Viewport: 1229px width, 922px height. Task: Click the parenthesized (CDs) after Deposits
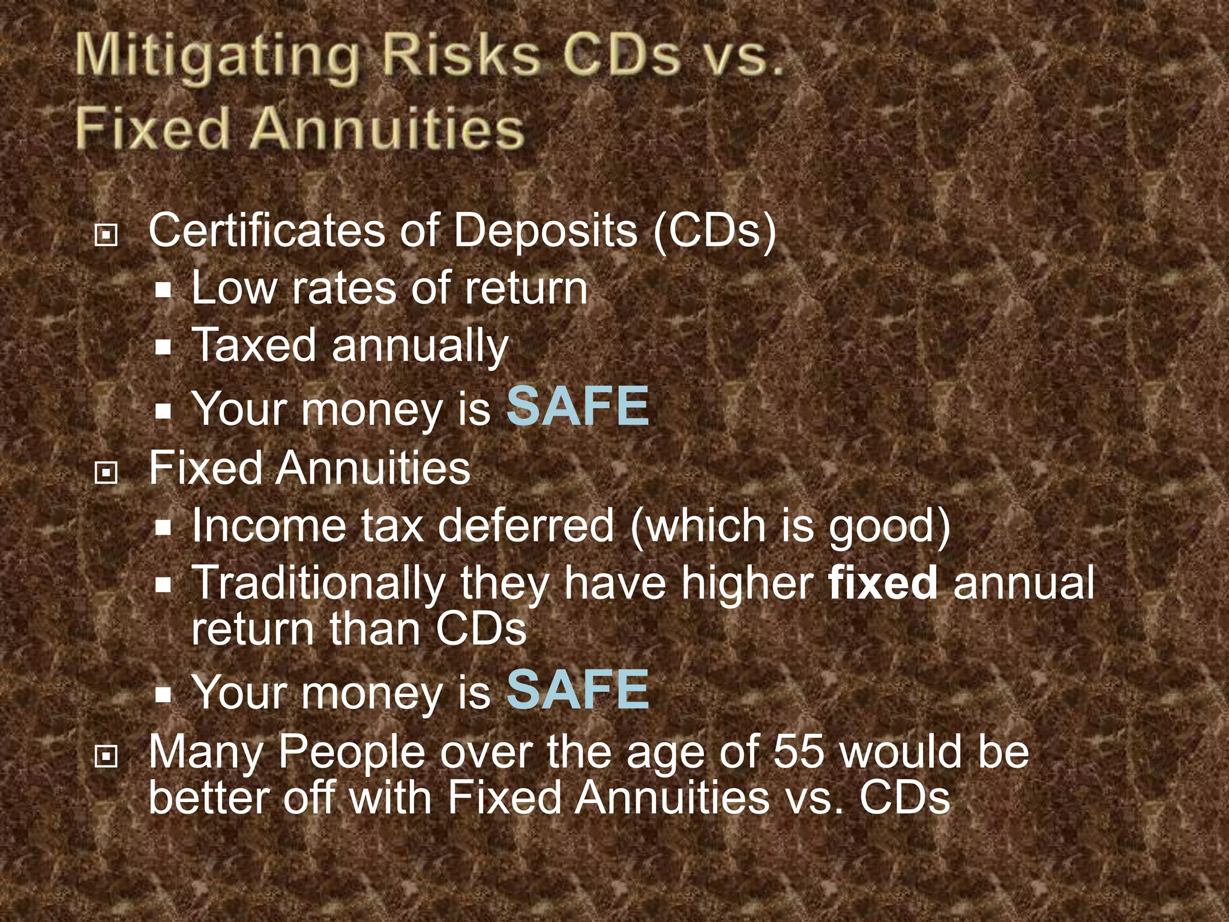click(x=715, y=231)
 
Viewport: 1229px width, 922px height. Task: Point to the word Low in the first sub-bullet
click(x=233, y=288)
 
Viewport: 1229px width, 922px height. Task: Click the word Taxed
click(x=254, y=345)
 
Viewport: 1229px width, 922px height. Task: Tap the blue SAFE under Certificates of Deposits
click(x=578, y=406)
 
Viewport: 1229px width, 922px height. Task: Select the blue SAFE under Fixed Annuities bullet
click(x=578, y=690)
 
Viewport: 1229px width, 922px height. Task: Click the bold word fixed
click(x=882, y=582)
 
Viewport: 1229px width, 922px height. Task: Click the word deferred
click(x=526, y=526)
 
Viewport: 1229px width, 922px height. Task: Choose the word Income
click(x=269, y=526)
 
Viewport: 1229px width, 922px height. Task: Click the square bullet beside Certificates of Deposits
click(x=106, y=235)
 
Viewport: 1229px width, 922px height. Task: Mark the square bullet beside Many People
click(x=106, y=757)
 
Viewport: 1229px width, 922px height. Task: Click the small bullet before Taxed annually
click(x=163, y=346)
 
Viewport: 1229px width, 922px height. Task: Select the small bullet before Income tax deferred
click(x=163, y=528)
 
